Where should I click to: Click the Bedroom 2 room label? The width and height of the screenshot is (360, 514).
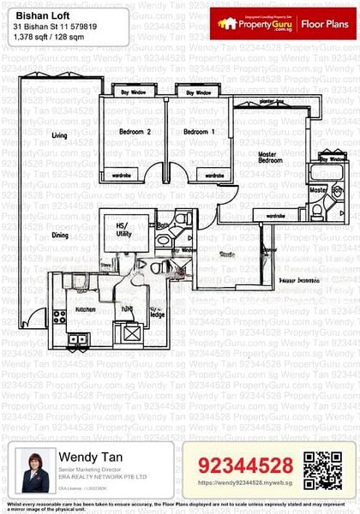tap(135, 132)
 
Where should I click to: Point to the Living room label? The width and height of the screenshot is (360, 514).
tap(59, 136)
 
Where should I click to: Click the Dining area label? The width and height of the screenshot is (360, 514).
tap(59, 235)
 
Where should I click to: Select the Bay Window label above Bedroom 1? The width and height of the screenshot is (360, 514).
tap(198, 92)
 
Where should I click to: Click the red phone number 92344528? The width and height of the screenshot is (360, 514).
tap(246, 465)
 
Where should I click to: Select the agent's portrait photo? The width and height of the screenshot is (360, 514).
tap(34, 472)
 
